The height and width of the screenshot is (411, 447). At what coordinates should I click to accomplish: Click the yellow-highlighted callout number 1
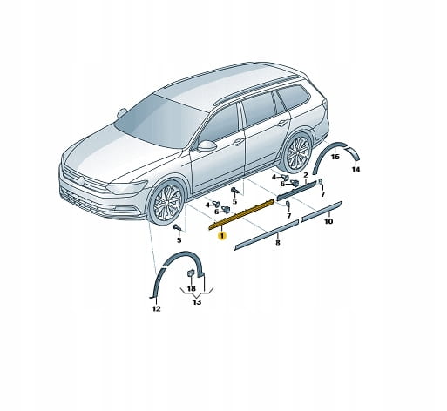click(222, 236)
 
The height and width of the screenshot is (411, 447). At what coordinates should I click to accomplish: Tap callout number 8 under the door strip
click(278, 243)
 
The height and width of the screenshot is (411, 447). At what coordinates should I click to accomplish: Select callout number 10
click(328, 222)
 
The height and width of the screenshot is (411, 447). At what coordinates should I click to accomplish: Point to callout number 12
click(156, 309)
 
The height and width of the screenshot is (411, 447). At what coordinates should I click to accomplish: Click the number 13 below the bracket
click(197, 302)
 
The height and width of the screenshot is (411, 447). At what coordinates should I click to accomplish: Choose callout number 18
click(191, 288)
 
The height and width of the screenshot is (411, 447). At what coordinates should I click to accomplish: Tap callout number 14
click(356, 169)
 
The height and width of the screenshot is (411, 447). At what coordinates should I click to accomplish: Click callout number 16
click(335, 157)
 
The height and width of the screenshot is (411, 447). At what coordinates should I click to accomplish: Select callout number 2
click(306, 175)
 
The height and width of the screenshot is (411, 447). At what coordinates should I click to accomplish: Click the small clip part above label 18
click(191, 273)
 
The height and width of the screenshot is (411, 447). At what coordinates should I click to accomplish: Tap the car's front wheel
click(166, 203)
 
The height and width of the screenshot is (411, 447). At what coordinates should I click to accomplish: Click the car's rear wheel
click(298, 152)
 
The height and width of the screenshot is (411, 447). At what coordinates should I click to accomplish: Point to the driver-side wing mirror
click(207, 145)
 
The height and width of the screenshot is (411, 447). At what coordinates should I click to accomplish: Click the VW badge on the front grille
click(81, 180)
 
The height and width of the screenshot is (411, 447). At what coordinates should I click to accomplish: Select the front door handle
click(238, 142)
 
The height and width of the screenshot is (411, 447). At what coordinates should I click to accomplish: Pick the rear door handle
click(282, 123)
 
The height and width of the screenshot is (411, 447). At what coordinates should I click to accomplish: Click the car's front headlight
click(126, 187)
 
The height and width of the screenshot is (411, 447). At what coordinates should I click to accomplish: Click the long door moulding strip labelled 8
click(267, 234)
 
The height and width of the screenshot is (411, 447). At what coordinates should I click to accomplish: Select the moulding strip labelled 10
click(322, 211)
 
